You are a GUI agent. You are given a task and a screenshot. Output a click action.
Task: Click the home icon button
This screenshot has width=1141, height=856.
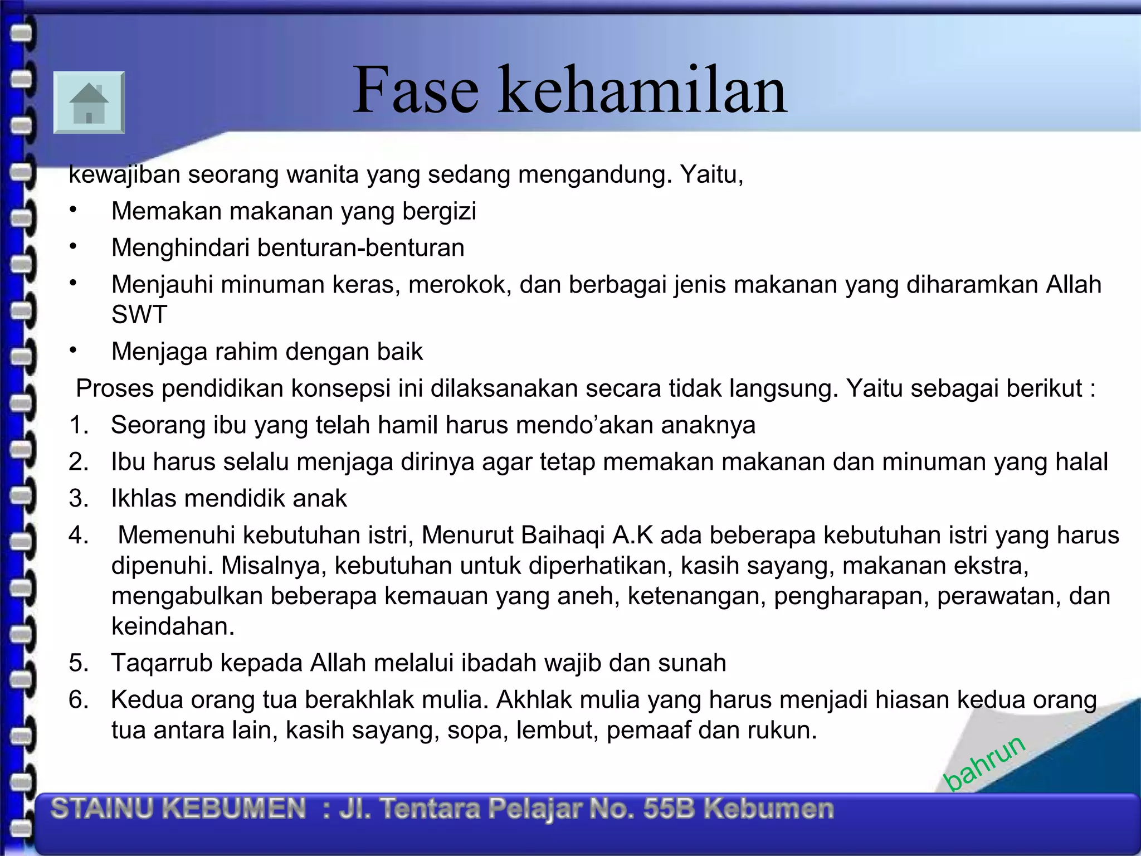pyautogui.click(x=89, y=103)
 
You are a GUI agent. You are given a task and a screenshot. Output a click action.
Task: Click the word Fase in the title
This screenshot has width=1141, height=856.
pyautogui.click(x=416, y=90)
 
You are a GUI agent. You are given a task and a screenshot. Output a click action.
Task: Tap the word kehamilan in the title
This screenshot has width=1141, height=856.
pyautogui.click(x=642, y=90)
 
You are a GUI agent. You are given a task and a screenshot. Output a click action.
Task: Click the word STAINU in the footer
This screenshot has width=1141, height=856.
pyautogui.click(x=101, y=809)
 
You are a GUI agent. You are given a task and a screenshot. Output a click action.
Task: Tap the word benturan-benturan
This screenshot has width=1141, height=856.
pyautogui.click(x=360, y=248)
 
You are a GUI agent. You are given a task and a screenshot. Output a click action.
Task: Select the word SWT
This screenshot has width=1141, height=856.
pyautogui.click(x=139, y=315)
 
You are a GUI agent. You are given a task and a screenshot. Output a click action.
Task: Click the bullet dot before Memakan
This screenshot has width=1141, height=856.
pyautogui.click(x=72, y=210)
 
